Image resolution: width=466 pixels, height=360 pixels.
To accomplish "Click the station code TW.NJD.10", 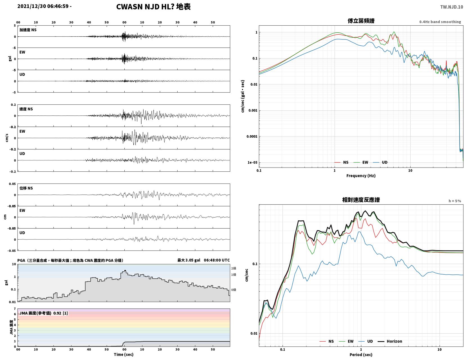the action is click(451, 7).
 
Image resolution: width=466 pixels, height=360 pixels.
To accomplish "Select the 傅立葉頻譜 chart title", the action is click(361, 21).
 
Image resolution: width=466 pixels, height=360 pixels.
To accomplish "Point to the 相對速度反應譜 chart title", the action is click(361, 200).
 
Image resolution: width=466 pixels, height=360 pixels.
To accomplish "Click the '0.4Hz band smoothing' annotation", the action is click(440, 22).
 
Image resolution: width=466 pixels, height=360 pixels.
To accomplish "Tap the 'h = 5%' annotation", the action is click(455, 201).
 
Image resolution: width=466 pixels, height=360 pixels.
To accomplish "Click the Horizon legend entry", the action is click(390, 341).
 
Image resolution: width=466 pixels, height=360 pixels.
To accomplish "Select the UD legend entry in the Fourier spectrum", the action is click(380, 162).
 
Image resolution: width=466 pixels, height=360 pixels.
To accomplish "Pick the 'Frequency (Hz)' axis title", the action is click(361, 176).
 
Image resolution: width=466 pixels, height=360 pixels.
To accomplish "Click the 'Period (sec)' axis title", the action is click(361, 355).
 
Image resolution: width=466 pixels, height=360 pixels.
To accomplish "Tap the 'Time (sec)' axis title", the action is click(124, 354).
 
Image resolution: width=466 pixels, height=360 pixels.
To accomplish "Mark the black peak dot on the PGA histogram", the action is click(125, 270).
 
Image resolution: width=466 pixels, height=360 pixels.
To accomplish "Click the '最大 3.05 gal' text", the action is click(189, 260).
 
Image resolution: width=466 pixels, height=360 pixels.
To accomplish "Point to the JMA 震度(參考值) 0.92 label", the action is click(44, 313).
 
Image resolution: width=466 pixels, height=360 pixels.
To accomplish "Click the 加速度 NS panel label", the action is click(28, 30).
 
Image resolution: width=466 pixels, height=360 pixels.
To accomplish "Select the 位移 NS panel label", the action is click(26, 188).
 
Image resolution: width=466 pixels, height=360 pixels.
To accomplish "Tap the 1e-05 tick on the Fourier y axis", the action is click(252, 162).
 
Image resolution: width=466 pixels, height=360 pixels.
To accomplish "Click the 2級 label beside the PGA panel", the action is click(234, 268).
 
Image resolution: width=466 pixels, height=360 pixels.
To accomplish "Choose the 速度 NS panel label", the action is click(26, 109).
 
